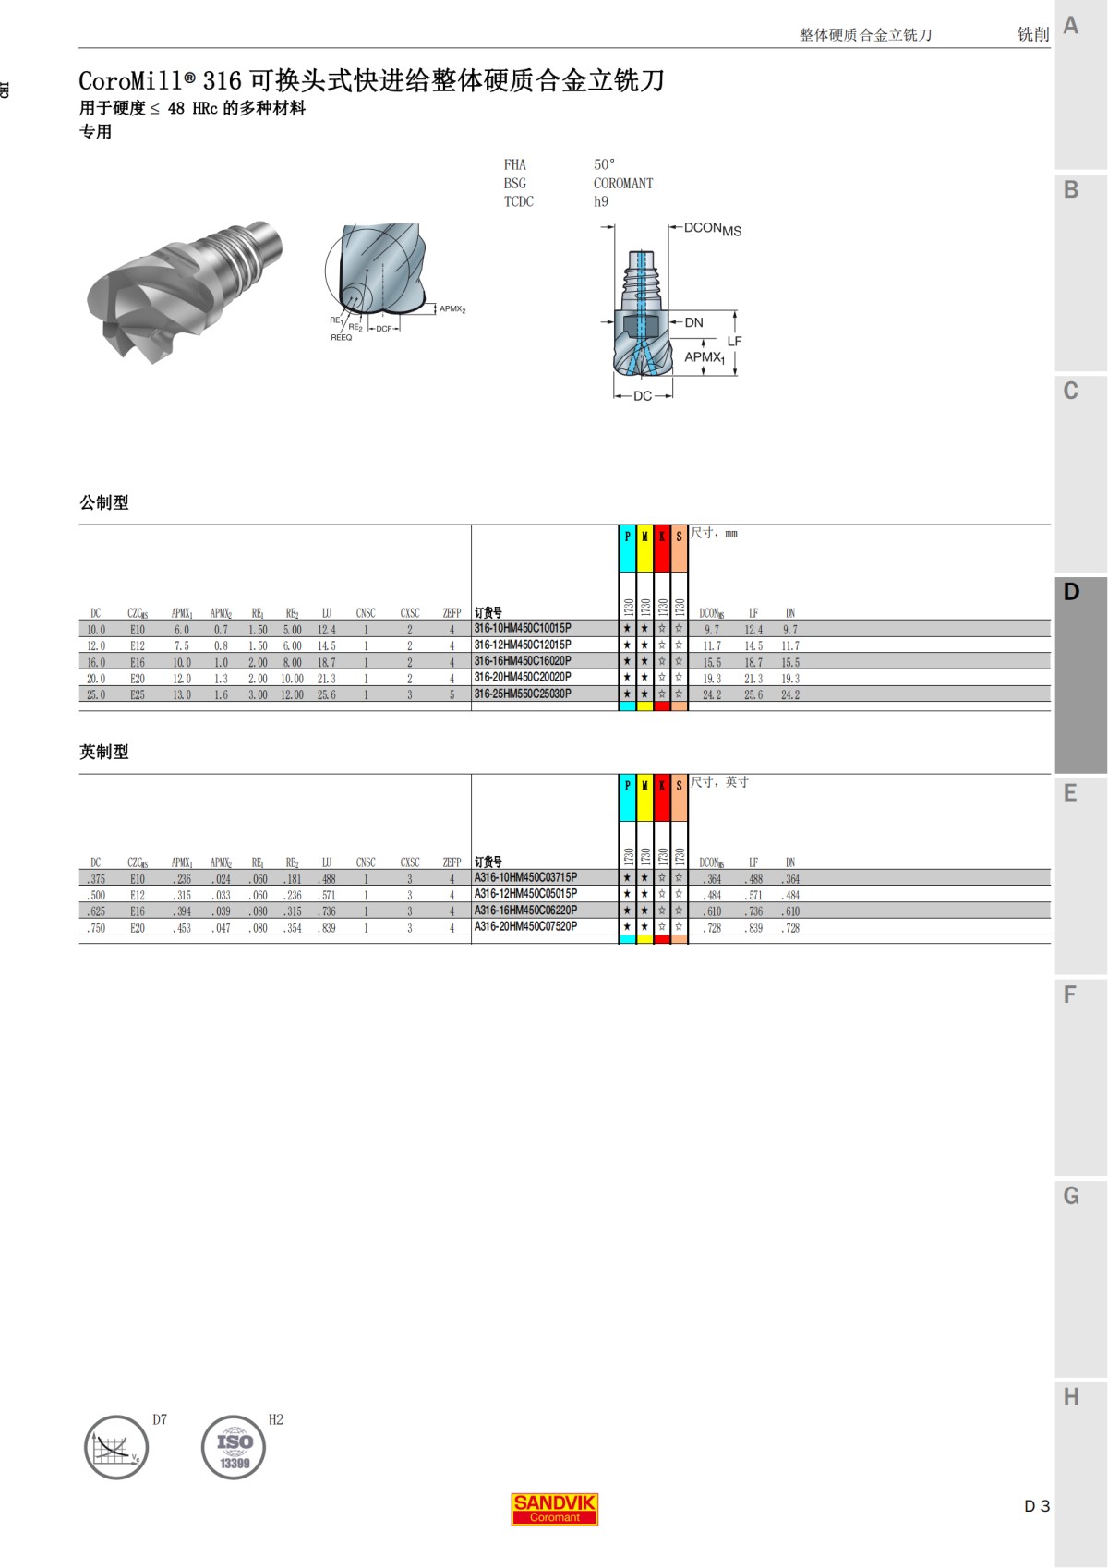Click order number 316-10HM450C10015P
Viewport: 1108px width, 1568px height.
click(x=523, y=629)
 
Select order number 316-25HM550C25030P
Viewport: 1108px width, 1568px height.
click(x=523, y=694)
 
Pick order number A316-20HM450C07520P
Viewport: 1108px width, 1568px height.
click(x=525, y=926)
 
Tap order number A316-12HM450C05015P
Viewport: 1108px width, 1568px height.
click(x=525, y=894)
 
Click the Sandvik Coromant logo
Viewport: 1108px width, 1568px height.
click(x=555, y=1509)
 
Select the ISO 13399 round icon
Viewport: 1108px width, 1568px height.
click(x=234, y=1448)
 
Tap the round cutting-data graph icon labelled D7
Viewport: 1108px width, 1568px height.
click(x=116, y=1448)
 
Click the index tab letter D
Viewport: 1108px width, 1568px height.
click(x=1071, y=592)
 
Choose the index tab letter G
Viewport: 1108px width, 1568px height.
click(x=1071, y=1196)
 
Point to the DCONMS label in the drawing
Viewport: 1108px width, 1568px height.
click(x=712, y=229)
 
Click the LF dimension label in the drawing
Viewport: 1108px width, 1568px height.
click(x=734, y=341)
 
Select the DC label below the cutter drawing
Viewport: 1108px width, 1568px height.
click(x=643, y=396)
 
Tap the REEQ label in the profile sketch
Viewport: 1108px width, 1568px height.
click(x=342, y=338)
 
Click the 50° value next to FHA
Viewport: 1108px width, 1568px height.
click(x=604, y=164)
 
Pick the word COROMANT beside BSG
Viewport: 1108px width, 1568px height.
click(x=623, y=183)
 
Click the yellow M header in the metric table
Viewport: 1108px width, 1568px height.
click(x=644, y=537)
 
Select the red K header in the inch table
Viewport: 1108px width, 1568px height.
click(x=662, y=786)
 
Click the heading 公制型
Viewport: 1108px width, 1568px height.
click(x=104, y=503)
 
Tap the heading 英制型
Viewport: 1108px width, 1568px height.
click(x=104, y=753)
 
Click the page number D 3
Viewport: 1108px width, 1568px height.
click(x=1036, y=1506)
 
